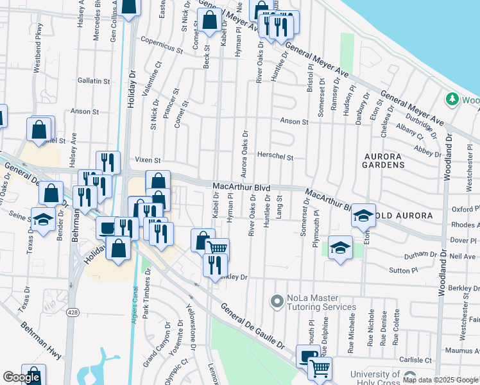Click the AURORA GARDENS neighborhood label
pyautogui.click(x=384, y=160)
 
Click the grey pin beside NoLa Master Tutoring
pyautogui.click(x=277, y=300)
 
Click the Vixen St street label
pyautogui.click(x=147, y=160)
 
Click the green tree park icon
pyautogui.click(x=452, y=99)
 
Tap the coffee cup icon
pyautogui.click(x=107, y=227)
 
